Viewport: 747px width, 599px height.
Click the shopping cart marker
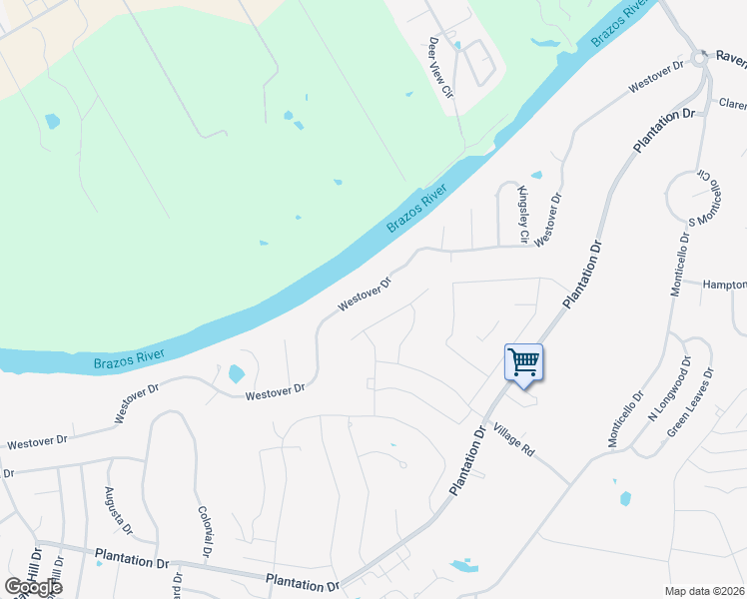(x=523, y=363)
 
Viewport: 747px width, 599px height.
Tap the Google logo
(x=32, y=586)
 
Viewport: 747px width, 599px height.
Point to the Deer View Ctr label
(x=441, y=68)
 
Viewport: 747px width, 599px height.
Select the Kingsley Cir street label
(x=522, y=214)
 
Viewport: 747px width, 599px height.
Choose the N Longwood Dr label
(x=670, y=390)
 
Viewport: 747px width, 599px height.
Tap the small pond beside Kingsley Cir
(x=536, y=176)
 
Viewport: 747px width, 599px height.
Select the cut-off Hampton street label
(x=724, y=285)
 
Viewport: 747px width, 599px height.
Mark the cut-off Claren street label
(x=732, y=104)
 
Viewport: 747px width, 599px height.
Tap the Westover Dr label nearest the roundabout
(x=656, y=78)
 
